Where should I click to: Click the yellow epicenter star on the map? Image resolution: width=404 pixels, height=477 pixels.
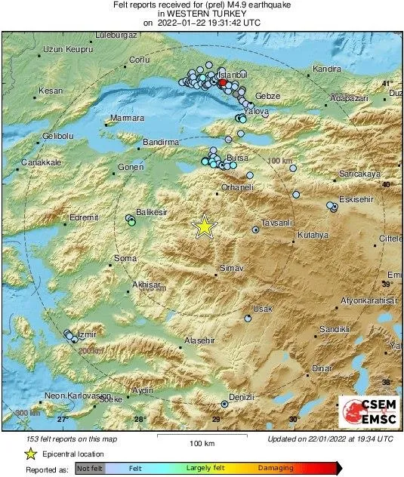click(x=203, y=226)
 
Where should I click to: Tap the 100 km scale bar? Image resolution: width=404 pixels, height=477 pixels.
click(x=199, y=437)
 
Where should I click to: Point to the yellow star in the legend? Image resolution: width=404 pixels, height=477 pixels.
click(x=30, y=454)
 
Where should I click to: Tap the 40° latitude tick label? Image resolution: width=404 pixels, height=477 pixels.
click(x=387, y=184)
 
